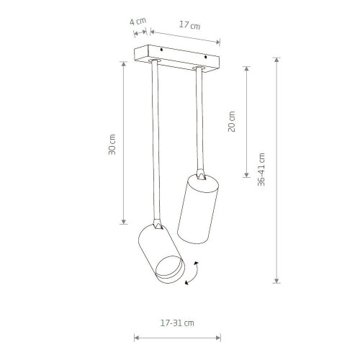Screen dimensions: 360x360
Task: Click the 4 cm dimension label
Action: pos(138,22)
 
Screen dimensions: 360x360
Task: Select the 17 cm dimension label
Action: pos(189,25)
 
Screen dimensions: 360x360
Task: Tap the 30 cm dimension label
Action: pos(112,144)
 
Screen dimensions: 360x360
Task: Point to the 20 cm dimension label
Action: pos(232,122)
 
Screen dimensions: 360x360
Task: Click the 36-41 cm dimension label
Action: pos(261,169)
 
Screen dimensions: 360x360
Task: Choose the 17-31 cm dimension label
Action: pos(177,323)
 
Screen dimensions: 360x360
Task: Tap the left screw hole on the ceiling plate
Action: pos(161,50)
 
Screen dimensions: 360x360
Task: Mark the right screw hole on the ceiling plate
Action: pos(205,57)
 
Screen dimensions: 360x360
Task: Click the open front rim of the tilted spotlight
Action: pos(171,269)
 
